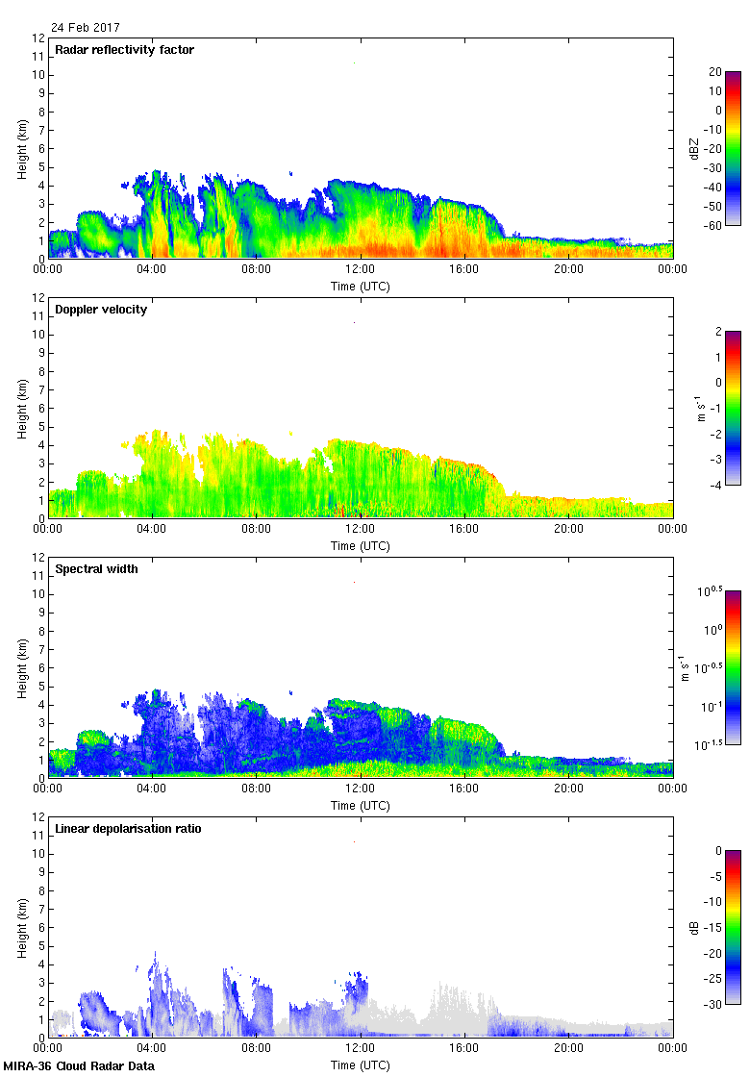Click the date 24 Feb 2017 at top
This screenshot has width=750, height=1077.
pos(86,28)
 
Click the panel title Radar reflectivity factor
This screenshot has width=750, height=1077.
pos(125,50)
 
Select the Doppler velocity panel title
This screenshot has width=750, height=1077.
pos(101,310)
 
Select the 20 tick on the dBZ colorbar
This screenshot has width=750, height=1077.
pos(715,72)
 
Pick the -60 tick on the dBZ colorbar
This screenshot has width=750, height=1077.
pos(713,225)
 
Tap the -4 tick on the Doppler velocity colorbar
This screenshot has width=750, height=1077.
pos(716,485)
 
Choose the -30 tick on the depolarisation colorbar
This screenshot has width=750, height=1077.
pos(713,1004)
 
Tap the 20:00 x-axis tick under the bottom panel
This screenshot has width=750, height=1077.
pos(568,1049)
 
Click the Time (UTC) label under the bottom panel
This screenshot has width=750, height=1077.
pos(361,1065)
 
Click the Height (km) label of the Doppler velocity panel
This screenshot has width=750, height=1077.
pos(22,408)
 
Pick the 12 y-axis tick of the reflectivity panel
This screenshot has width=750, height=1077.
pos(39,38)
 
